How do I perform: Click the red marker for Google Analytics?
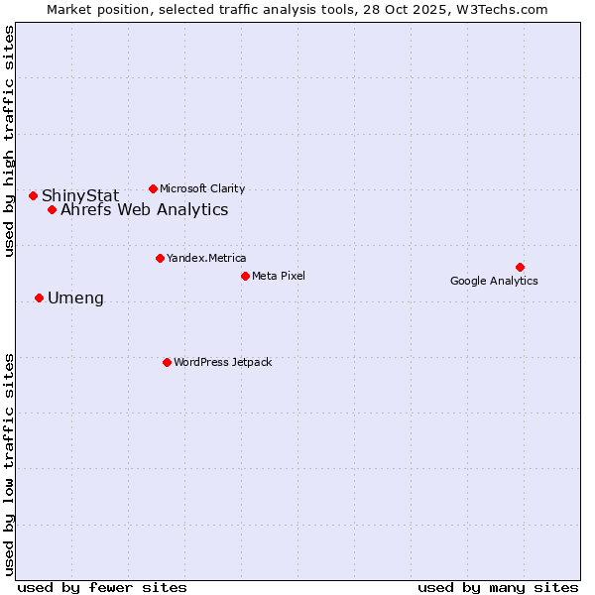point(520,267)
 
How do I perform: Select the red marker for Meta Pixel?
point(245,276)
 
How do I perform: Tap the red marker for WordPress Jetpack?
point(167,362)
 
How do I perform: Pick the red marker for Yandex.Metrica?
point(160,258)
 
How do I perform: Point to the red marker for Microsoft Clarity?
point(153,188)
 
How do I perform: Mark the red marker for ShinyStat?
point(33,195)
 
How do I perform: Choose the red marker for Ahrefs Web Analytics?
point(52,209)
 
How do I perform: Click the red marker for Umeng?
point(39,297)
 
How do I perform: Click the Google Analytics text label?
point(494,281)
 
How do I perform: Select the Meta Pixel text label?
point(279,276)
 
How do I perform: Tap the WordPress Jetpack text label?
point(222,362)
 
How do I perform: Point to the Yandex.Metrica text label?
point(206,258)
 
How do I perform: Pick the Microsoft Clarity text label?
point(202,188)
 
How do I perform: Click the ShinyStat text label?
point(80,195)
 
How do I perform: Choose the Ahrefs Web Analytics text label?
point(144,209)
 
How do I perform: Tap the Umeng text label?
point(75,297)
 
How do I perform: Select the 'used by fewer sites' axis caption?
point(102,587)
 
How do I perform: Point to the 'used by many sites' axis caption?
point(498,587)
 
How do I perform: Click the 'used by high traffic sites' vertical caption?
point(10,141)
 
